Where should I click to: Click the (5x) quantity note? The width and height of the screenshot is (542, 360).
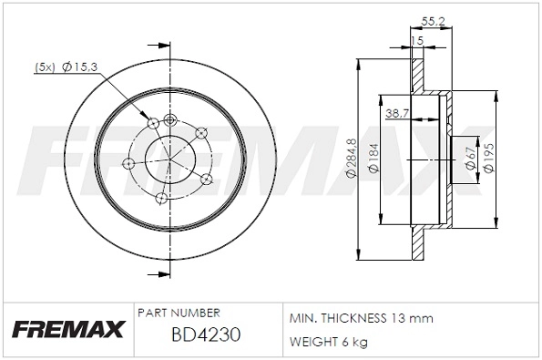click(x=46, y=67)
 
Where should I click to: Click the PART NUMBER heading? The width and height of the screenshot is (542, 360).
click(x=178, y=313)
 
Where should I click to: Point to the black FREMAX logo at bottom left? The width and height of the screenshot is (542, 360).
click(x=65, y=330)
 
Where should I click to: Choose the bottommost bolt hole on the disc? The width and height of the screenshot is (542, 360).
click(x=160, y=198)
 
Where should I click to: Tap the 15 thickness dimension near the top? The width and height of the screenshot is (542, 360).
click(x=417, y=41)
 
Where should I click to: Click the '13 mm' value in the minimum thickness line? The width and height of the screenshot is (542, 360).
click(x=413, y=318)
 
